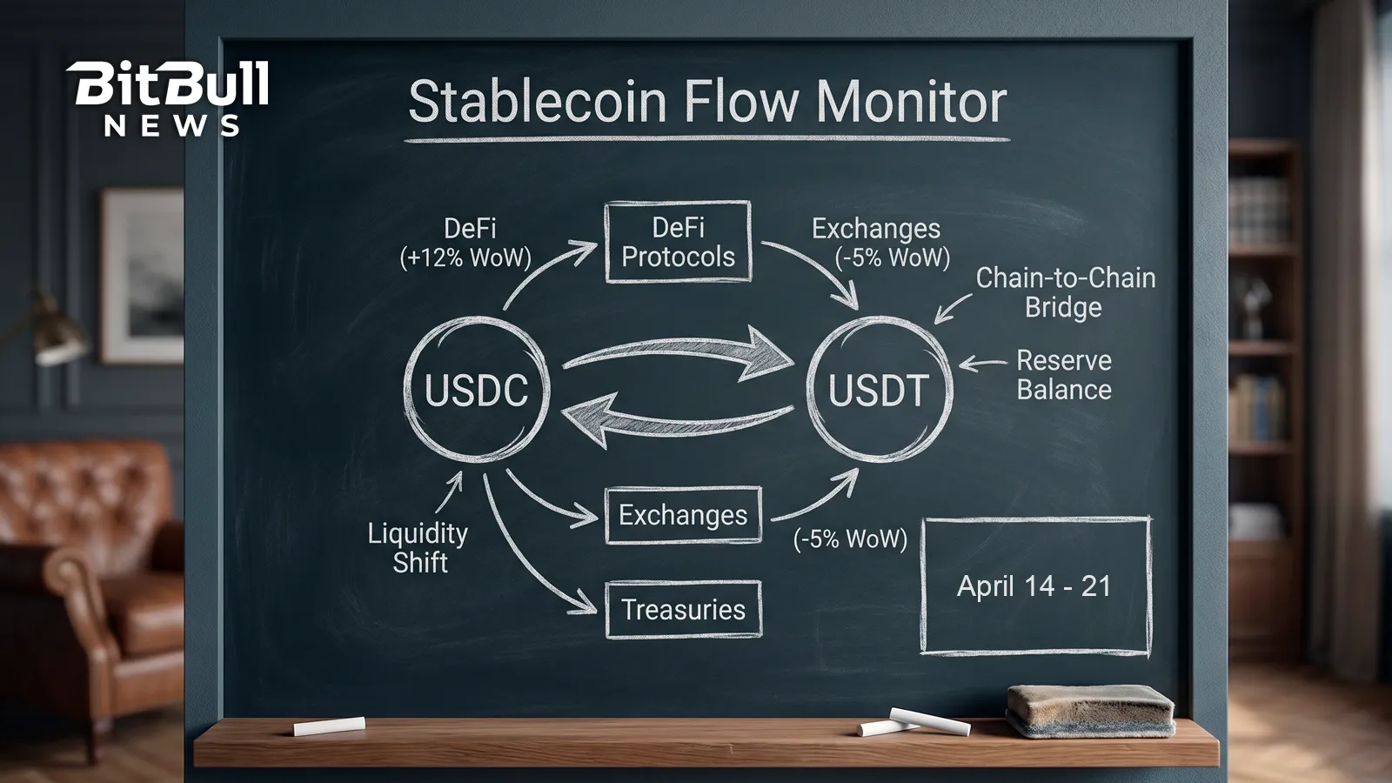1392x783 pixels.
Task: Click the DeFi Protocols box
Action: coord(678,243)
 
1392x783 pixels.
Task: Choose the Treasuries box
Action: coord(683,610)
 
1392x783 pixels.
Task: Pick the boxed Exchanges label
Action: coord(683,515)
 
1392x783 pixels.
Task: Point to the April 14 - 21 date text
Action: coord(1034,586)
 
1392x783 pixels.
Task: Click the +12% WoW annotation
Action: coord(465,258)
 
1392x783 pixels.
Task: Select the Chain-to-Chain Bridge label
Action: coord(1065,292)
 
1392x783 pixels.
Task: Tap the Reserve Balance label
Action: coord(1063,375)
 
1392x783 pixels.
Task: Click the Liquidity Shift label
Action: coord(418,547)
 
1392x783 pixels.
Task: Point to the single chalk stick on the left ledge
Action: coord(329,726)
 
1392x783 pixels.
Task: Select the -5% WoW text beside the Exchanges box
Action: coord(850,539)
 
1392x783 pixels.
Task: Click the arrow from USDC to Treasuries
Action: coord(522,557)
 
